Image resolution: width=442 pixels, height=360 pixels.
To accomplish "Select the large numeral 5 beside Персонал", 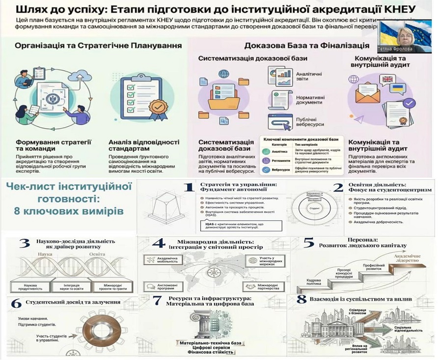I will (308, 243).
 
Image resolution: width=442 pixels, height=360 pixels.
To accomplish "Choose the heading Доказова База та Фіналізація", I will (306, 46).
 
